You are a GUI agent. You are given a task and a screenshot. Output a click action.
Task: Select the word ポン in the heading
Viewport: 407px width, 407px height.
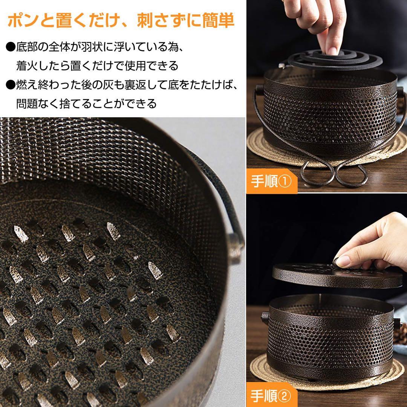pyautogui.click(x=24, y=20)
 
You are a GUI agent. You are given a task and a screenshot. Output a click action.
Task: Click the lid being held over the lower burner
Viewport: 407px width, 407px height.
pyautogui.click(x=337, y=277)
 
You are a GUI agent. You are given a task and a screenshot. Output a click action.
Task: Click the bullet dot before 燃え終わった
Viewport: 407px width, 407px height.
pyautogui.click(x=11, y=85)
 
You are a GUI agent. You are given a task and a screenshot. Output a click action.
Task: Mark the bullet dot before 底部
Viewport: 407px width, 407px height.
pyautogui.click(x=11, y=47)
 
